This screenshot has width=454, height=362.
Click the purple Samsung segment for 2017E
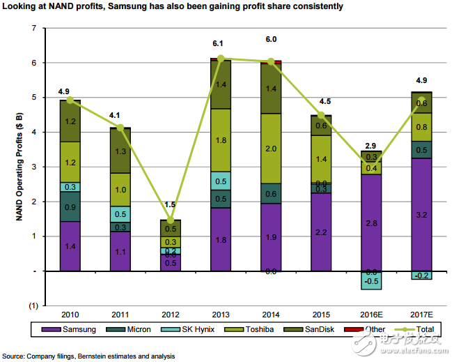(x=421, y=214)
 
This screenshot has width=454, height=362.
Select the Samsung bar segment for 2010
(x=70, y=246)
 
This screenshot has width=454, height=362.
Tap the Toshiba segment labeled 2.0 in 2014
(x=270, y=148)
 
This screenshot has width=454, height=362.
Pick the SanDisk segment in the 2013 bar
(x=220, y=85)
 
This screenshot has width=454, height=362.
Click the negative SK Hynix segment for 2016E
(x=370, y=280)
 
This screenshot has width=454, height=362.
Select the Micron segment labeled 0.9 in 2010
(x=70, y=206)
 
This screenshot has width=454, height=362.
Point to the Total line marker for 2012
(x=170, y=220)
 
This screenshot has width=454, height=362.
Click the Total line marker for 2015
(x=320, y=116)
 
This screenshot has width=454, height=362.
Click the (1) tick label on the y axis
(x=32, y=306)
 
